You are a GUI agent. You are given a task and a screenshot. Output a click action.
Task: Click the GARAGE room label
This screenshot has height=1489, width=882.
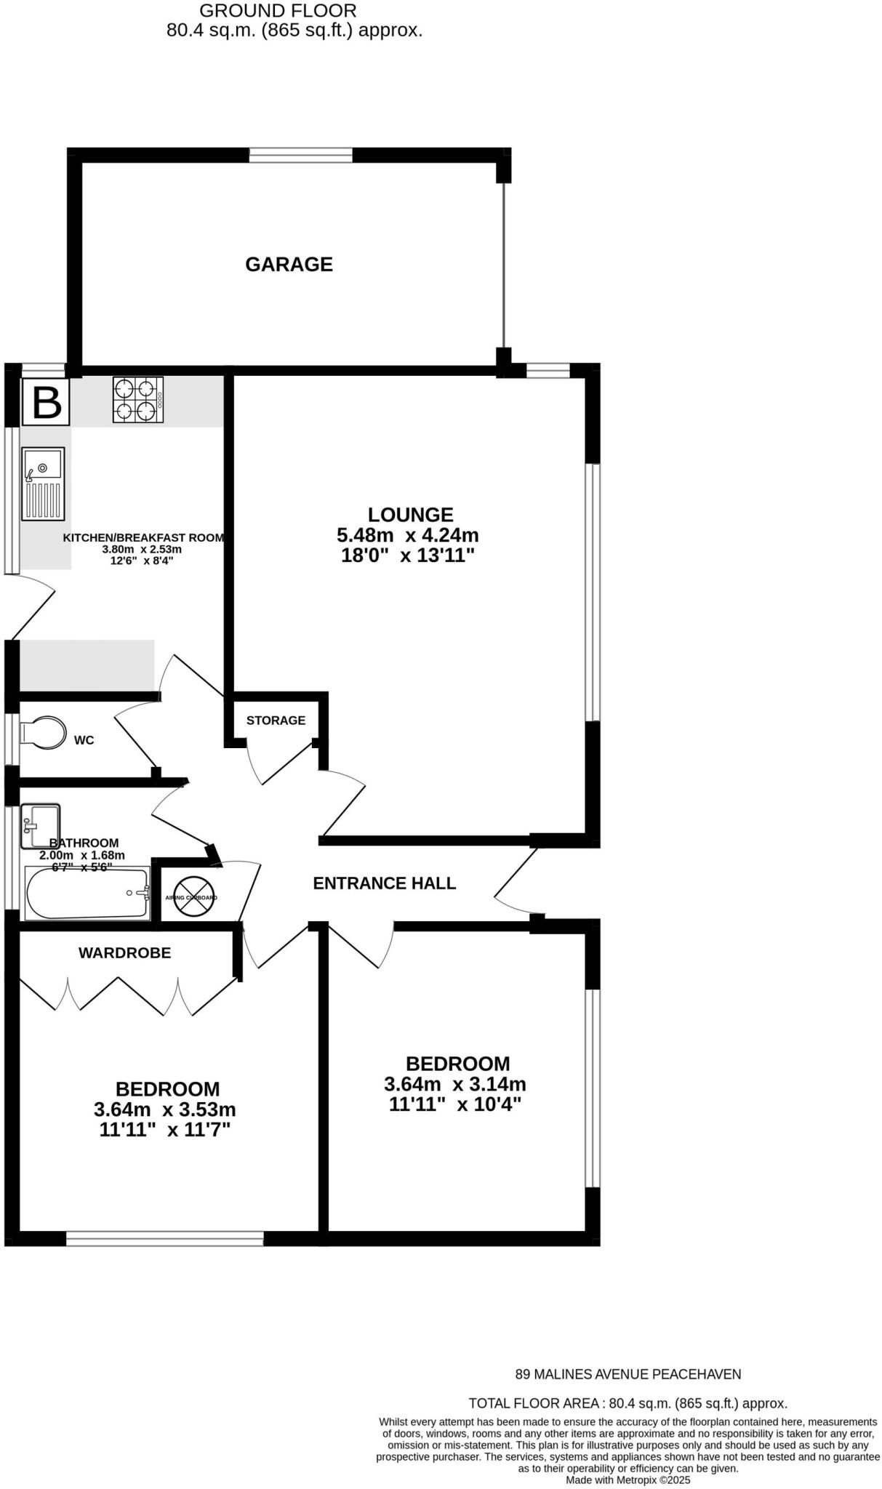tap(289, 264)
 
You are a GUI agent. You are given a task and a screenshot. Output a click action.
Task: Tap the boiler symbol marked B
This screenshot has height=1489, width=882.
tap(47, 401)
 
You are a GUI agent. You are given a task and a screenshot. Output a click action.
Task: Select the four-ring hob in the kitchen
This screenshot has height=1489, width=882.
tap(137, 399)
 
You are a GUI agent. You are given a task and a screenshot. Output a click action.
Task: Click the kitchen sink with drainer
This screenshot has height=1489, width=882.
tap(43, 483)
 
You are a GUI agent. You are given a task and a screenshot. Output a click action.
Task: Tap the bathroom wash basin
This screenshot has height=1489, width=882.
tap(40, 826)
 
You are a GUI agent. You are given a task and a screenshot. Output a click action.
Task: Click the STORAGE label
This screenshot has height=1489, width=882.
tap(276, 721)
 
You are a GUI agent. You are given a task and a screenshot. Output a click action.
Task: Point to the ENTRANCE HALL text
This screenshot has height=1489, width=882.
tap(384, 883)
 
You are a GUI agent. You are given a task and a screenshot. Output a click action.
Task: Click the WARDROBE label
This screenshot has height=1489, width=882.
tap(124, 952)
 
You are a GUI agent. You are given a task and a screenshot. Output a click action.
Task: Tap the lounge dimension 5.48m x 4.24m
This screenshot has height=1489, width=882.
tap(407, 536)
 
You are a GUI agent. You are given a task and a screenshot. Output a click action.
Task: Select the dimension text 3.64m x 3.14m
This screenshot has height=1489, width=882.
tap(454, 1084)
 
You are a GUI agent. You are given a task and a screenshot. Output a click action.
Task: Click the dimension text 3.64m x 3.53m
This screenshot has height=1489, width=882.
tap(165, 1109)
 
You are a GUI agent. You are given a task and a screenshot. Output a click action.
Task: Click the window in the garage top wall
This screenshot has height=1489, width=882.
tap(300, 155)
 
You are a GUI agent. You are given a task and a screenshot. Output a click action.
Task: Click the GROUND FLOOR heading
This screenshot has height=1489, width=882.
tap(278, 11)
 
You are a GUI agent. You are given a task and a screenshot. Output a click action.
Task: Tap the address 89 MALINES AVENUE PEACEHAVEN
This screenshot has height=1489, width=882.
tap(628, 1374)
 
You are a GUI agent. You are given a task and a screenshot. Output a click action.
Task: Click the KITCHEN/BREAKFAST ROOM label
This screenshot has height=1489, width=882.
tap(143, 538)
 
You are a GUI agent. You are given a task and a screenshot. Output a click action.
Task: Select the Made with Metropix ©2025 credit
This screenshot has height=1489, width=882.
tap(628, 1480)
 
